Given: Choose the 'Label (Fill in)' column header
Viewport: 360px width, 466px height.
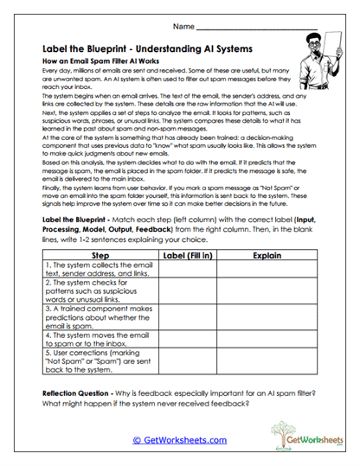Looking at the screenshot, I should [x=188, y=256].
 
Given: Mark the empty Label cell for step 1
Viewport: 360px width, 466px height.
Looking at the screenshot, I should [x=188, y=274].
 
